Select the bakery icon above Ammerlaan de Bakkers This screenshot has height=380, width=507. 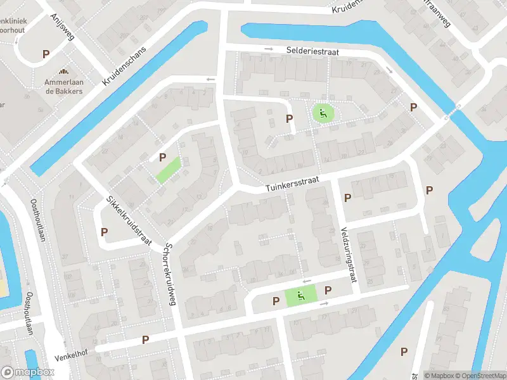click(x=63, y=72)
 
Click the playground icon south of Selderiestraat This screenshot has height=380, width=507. click(x=323, y=114)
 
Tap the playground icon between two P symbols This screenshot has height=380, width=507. click(x=301, y=294)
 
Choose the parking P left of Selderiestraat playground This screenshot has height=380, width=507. click(x=290, y=118)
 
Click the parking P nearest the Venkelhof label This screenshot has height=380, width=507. click(x=145, y=339)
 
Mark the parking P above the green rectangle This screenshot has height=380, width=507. click(x=163, y=157)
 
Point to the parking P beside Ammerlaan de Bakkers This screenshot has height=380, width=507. click(x=46, y=54)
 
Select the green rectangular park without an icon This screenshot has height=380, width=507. click(x=168, y=170)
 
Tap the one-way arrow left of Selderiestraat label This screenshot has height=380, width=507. click(x=269, y=49)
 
